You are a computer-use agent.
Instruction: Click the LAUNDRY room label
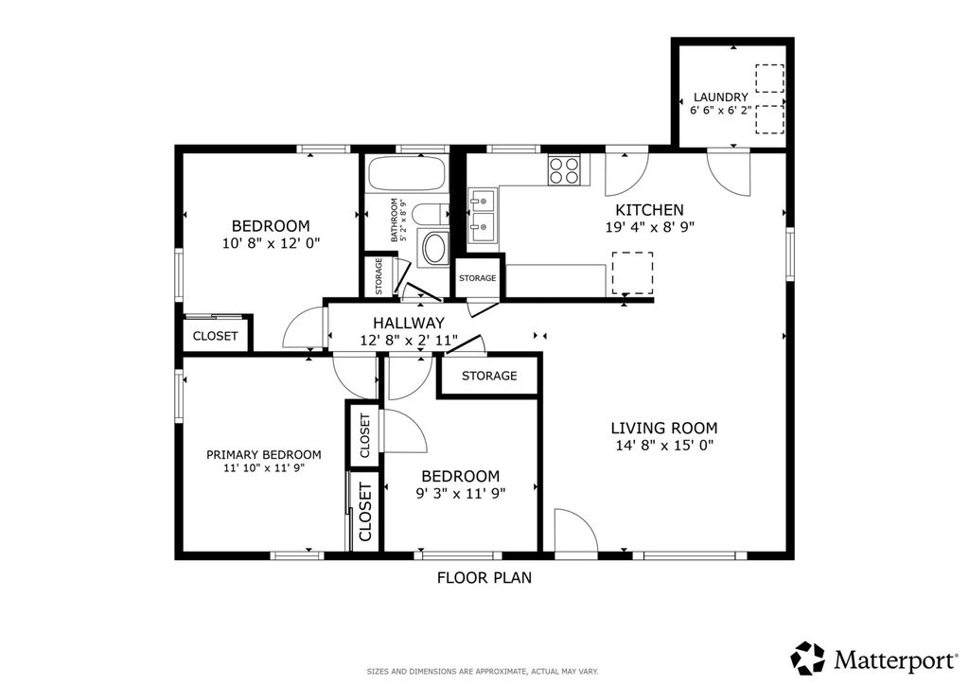(x=720, y=97)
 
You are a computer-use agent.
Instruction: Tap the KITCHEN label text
(x=649, y=210)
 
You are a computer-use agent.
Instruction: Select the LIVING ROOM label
(x=664, y=428)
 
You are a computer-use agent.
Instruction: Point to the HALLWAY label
(x=409, y=323)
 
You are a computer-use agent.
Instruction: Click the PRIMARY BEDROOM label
(x=264, y=454)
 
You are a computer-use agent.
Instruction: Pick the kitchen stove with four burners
(x=564, y=170)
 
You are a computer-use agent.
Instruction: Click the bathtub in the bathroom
(x=407, y=173)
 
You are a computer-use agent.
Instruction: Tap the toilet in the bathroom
(x=431, y=215)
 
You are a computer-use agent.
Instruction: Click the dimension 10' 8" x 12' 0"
(x=271, y=243)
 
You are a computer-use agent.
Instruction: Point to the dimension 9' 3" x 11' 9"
(x=461, y=493)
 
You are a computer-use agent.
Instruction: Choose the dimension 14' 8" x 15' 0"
(x=664, y=446)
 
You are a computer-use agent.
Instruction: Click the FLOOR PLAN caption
(x=484, y=577)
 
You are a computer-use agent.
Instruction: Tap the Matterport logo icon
(x=808, y=658)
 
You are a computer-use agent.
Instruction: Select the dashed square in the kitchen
(x=632, y=273)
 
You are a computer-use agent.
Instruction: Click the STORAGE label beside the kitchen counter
(x=478, y=278)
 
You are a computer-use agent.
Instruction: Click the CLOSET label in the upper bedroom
(x=215, y=336)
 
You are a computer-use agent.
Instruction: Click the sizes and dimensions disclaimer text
(x=483, y=671)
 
